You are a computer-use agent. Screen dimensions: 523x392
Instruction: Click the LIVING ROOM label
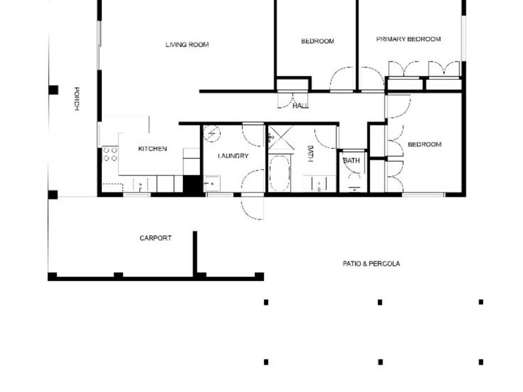click(187, 44)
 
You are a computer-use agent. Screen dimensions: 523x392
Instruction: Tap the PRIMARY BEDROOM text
click(409, 39)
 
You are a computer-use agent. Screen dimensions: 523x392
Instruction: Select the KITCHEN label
click(152, 149)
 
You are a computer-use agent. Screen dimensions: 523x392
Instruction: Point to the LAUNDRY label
click(233, 155)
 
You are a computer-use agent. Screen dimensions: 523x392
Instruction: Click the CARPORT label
click(156, 238)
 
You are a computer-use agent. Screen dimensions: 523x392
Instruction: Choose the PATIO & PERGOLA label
click(371, 264)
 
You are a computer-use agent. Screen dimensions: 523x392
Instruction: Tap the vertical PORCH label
click(76, 99)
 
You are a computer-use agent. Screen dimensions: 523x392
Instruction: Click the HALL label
click(301, 106)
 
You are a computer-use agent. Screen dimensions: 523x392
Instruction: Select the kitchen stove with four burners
click(110, 154)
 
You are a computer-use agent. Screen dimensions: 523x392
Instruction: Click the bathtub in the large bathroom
click(280, 173)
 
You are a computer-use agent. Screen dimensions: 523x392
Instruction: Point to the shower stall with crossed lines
click(280, 137)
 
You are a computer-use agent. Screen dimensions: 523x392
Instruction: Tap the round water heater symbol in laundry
click(212, 134)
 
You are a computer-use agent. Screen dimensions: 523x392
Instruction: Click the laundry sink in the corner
click(212, 184)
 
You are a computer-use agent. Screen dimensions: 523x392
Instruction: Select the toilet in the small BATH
click(354, 185)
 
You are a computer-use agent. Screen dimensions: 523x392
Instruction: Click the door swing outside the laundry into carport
click(252, 208)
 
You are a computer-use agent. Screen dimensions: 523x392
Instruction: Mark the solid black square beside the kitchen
click(192, 184)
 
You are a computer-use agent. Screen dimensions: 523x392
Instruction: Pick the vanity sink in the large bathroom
click(319, 184)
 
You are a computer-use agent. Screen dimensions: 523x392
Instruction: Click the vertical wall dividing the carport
click(195, 254)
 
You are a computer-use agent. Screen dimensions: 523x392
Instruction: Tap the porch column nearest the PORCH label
click(54, 90)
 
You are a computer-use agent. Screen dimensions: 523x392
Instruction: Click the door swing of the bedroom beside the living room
click(341, 78)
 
